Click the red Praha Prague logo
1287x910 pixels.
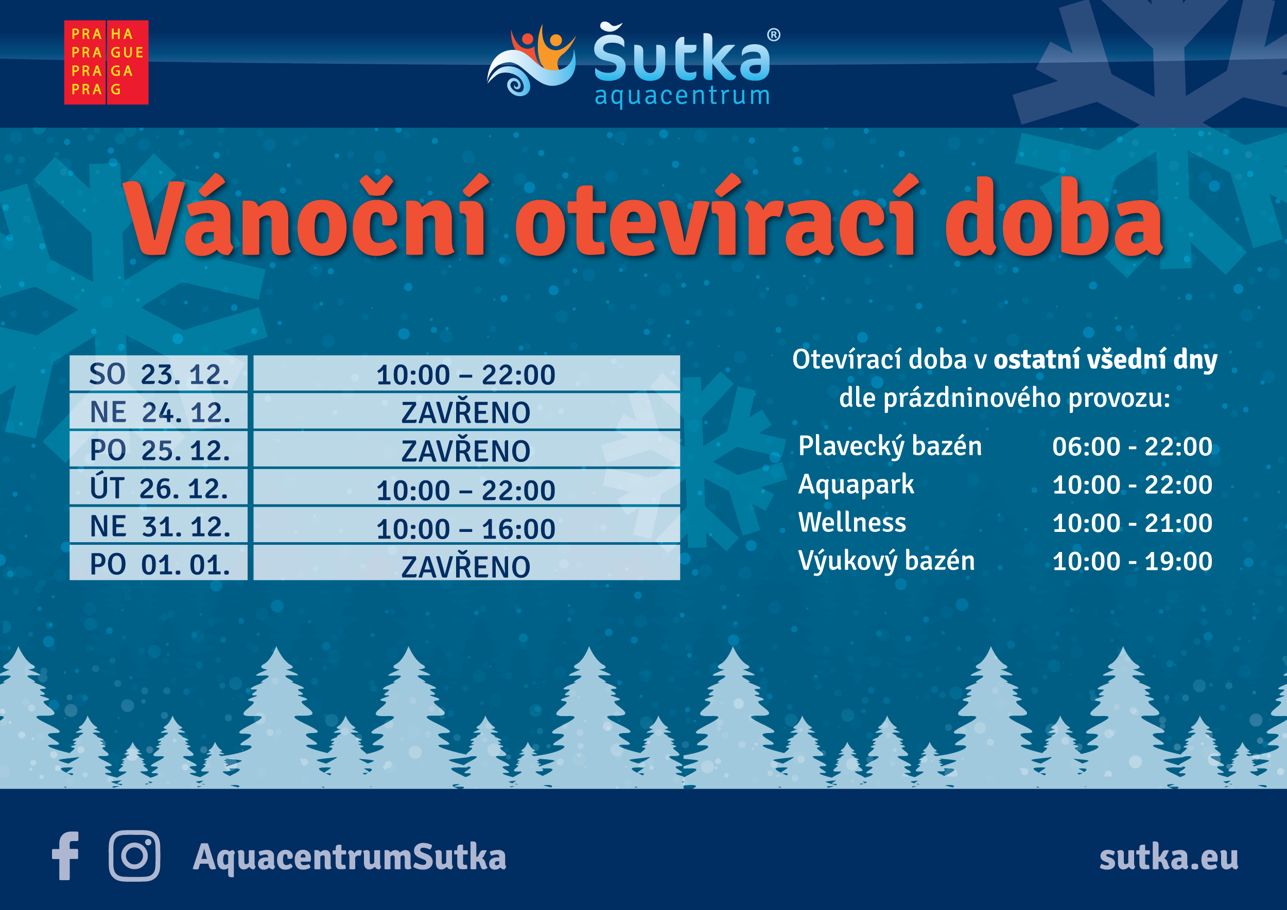pyautogui.click(x=107, y=62)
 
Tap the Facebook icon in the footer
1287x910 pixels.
pyautogui.click(x=65, y=855)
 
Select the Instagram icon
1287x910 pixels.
pyautogui.click(x=134, y=855)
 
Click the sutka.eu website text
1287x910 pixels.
pyautogui.click(x=1169, y=858)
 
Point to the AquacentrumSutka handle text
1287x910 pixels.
pyautogui.click(x=350, y=858)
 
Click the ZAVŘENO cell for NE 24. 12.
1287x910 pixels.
pyautogui.click(x=466, y=412)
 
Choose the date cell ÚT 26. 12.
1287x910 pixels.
pyautogui.click(x=159, y=488)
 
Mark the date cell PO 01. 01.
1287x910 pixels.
pyautogui.click(x=159, y=563)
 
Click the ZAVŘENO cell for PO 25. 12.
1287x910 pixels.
pyautogui.click(x=466, y=450)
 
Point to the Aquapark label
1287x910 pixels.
pyautogui.click(x=856, y=485)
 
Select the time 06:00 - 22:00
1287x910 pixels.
pyautogui.click(x=1132, y=447)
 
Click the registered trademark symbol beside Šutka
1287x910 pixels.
pyautogui.click(x=773, y=35)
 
